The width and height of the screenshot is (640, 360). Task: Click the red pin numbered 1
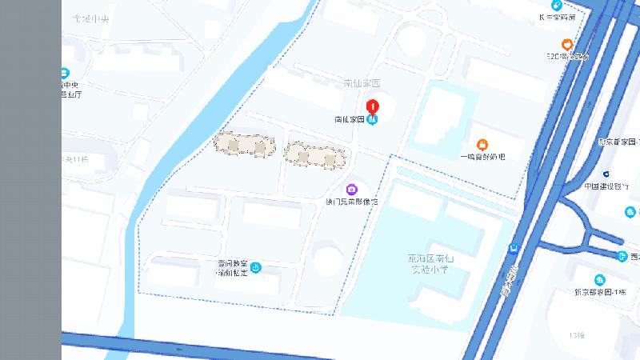coord(372,105)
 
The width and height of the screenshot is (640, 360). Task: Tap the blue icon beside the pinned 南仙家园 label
coord(372,119)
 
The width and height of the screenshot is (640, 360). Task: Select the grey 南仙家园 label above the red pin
coord(361,83)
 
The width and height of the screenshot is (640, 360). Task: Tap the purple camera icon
coord(350,189)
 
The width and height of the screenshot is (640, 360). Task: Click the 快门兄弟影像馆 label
coord(350,202)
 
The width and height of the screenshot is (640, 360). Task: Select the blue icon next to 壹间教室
coord(256,267)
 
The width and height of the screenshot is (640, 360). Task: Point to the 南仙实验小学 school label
coord(430,264)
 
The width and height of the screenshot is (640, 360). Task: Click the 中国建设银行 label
coord(606,186)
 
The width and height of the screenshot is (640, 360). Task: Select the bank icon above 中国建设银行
coord(606,174)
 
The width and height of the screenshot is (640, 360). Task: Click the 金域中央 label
coord(90,18)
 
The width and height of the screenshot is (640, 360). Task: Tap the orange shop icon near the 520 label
coord(566,44)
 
